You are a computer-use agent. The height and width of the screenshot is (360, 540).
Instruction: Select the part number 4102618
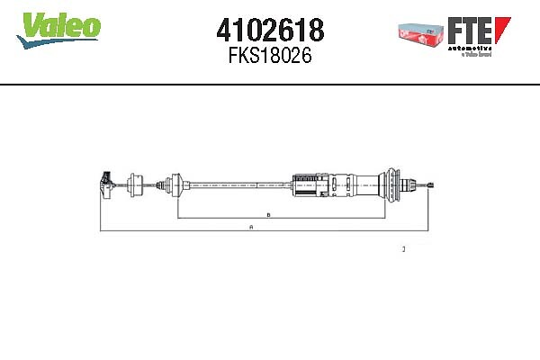click(x=270, y=31)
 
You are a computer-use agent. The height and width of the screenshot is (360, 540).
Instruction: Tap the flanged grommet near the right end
click(x=393, y=184)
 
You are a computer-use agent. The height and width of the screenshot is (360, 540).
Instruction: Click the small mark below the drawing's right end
click(x=403, y=248)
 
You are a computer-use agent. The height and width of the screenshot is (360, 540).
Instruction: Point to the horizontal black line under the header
click(x=270, y=85)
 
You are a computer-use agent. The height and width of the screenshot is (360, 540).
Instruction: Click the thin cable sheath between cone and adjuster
click(x=238, y=184)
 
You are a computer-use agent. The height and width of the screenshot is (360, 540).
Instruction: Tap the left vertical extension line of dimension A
click(x=101, y=211)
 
